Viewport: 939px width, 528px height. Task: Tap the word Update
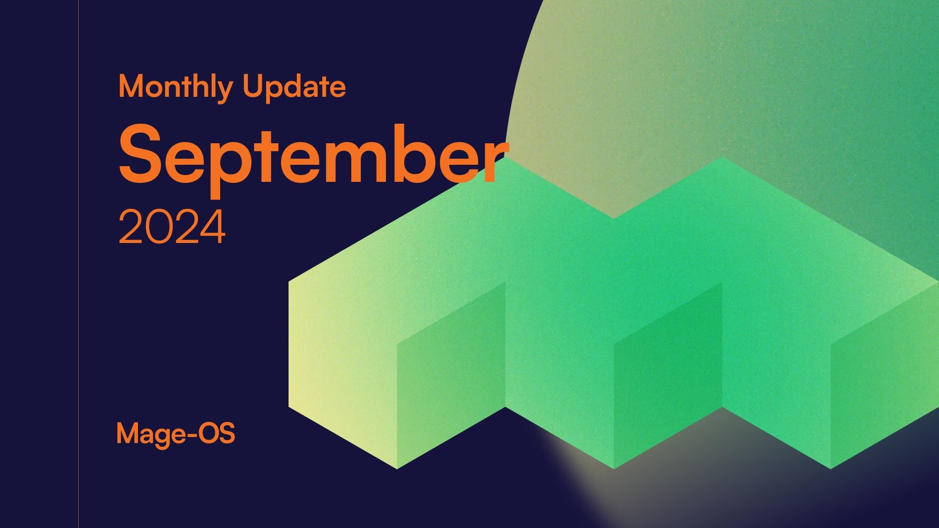pyautogui.click(x=294, y=87)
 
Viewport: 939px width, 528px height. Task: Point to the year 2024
pyautogui.click(x=172, y=227)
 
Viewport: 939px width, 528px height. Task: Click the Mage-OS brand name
pyautogui.click(x=176, y=434)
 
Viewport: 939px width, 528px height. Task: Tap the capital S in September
pyautogui.click(x=141, y=153)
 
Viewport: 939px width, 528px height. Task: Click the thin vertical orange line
pyautogui.click(x=78, y=264)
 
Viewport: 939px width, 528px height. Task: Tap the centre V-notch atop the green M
pyautogui.click(x=613, y=219)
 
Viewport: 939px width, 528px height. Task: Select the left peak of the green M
pyautogui.click(x=505, y=158)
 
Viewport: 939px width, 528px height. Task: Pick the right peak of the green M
pyautogui.click(x=722, y=158)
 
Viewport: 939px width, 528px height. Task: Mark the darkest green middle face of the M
pyautogui.click(x=668, y=372)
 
